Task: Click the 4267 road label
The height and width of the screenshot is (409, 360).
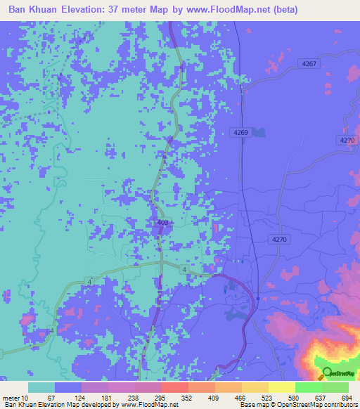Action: point(309,63)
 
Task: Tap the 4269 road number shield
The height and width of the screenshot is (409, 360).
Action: point(240,132)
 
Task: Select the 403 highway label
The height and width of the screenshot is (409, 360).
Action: point(162,223)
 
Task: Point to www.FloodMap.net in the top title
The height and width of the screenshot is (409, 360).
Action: point(229,10)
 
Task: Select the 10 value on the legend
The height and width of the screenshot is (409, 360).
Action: point(27,398)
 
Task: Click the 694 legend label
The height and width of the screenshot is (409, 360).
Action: point(347,398)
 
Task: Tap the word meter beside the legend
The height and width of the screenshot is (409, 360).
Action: point(11,398)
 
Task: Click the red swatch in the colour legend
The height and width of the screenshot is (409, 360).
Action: point(174,387)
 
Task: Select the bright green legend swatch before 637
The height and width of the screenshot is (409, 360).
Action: point(308,387)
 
